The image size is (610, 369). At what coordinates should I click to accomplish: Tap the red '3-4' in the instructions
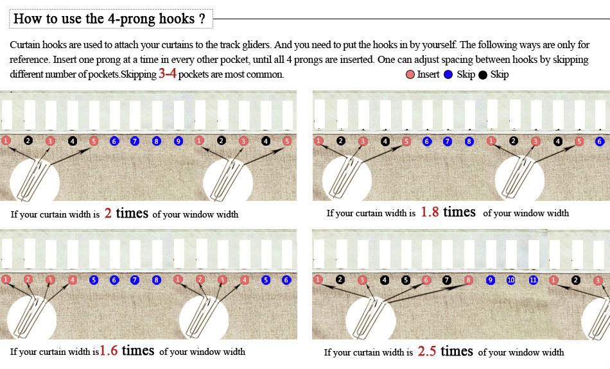[x=167, y=74]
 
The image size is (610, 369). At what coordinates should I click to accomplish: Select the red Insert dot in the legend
[x=410, y=74]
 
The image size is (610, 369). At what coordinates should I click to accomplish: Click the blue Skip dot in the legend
[x=448, y=74]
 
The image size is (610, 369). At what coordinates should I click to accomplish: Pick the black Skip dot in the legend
[x=483, y=74]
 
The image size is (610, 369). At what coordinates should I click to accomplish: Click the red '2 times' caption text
[x=126, y=213]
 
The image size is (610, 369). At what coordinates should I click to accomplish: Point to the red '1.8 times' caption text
[x=448, y=212]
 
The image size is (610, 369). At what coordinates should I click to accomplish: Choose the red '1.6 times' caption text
[x=126, y=350]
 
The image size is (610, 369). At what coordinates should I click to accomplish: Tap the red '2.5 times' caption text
[x=445, y=351]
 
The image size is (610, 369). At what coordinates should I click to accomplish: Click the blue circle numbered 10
[x=511, y=280]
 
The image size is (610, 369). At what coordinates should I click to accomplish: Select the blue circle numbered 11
[x=534, y=280]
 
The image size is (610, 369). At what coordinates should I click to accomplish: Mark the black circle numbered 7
[x=448, y=280]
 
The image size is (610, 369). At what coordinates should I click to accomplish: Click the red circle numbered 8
[x=469, y=280]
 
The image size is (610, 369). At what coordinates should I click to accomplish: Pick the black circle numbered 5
[x=406, y=280]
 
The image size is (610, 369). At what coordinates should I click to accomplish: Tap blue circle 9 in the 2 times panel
[x=179, y=141]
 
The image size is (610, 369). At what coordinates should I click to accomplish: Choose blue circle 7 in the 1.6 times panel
[x=134, y=280]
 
